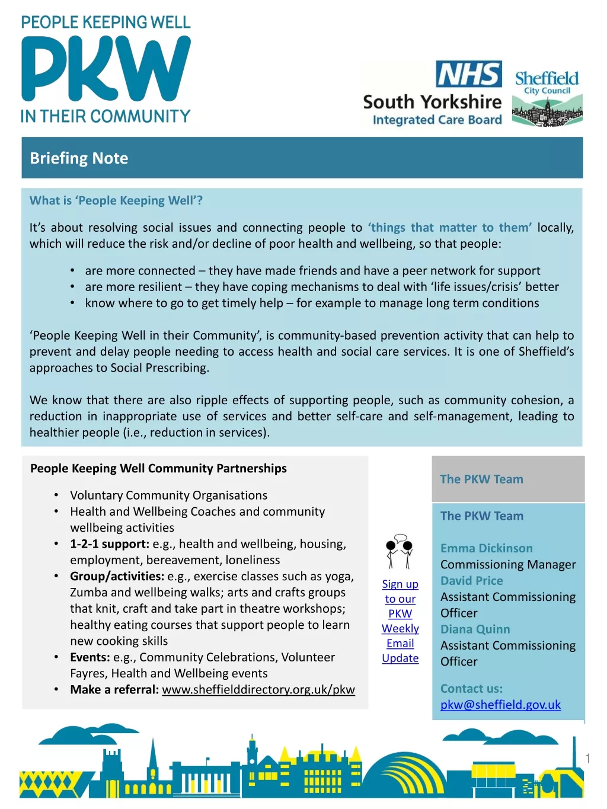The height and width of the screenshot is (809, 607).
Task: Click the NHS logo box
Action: pyautogui.click(x=468, y=74)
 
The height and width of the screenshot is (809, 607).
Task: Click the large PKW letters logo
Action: pyautogui.click(x=106, y=69)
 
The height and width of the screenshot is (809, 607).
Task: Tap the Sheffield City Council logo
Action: pyautogui.click(x=547, y=98)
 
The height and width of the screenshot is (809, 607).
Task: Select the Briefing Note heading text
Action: pyautogui.click(x=79, y=158)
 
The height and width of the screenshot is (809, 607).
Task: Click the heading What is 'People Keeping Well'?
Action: pyautogui.click(x=116, y=200)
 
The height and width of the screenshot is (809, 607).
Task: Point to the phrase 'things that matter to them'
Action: pyautogui.click(x=450, y=228)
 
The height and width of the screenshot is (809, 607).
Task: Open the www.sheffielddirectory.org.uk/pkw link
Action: pyautogui.click(x=258, y=689)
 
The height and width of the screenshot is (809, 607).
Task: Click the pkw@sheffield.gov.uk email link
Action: pyautogui.click(x=500, y=705)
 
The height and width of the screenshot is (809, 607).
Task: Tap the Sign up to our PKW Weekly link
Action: pyautogui.click(x=400, y=621)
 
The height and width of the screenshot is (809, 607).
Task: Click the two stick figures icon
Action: pyautogui.click(x=399, y=551)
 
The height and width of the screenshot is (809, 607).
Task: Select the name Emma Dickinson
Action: pyautogui.click(x=486, y=548)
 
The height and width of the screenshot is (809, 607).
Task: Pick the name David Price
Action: pyautogui.click(x=471, y=581)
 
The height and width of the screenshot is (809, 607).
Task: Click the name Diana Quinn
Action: pyautogui.click(x=475, y=629)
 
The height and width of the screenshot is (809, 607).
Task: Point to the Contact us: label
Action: pyautogui.click(x=471, y=689)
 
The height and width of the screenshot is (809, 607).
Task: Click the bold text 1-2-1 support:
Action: pyautogui.click(x=110, y=544)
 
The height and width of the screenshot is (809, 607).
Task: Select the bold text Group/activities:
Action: pyautogui.click(x=117, y=576)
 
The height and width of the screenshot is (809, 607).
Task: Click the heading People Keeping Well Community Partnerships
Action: pyautogui.click(x=158, y=468)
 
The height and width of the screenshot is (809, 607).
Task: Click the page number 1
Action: pyautogui.click(x=587, y=758)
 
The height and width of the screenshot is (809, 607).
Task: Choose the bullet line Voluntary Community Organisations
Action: pyautogui.click(x=168, y=495)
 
